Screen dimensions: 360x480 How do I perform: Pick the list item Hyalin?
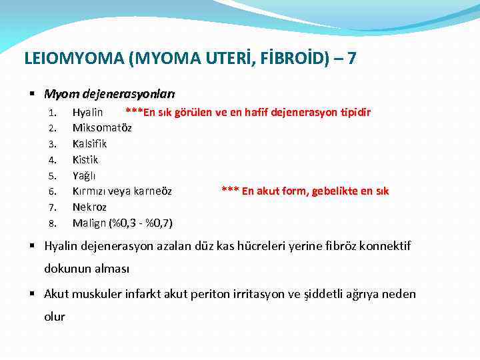coord(87,112)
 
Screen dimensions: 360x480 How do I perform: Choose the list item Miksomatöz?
coord(102,127)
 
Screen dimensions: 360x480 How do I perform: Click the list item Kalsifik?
coord(89,143)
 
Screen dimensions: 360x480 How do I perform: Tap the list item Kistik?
coord(85,159)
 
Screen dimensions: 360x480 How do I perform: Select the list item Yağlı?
coord(84,175)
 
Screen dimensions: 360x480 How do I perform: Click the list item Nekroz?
coord(89,207)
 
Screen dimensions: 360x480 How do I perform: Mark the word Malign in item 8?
coord(89,223)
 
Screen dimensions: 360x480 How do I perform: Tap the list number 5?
coord(53,176)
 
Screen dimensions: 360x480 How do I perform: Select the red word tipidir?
coord(353,112)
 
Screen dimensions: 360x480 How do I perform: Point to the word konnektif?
coord(385,246)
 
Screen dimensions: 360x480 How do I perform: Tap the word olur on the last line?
coord(55,317)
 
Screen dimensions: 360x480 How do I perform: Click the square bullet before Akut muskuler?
coord(35,294)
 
